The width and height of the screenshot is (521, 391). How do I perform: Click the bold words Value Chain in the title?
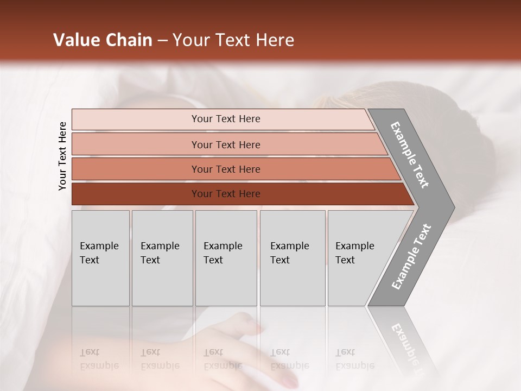(x=103, y=40)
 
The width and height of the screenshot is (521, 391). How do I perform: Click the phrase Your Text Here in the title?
(x=233, y=40)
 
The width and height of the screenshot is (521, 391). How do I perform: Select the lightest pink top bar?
(x=136, y=119)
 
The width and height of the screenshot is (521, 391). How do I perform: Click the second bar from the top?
(x=136, y=144)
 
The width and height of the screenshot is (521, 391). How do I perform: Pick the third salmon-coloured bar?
(x=136, y=169)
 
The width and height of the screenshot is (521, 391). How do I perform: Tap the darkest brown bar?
(x=136, y=194)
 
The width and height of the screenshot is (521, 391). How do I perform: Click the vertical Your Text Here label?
(x=62, y=156)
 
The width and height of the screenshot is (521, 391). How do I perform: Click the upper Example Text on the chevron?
(x=410, y=155)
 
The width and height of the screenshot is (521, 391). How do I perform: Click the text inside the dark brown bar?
(x=226, y=194)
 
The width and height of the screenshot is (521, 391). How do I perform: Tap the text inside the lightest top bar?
(x=226, y=119)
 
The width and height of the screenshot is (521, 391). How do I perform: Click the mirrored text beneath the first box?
(x=99, y=359)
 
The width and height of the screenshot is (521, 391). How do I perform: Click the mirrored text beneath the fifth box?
(x=355, y=359)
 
